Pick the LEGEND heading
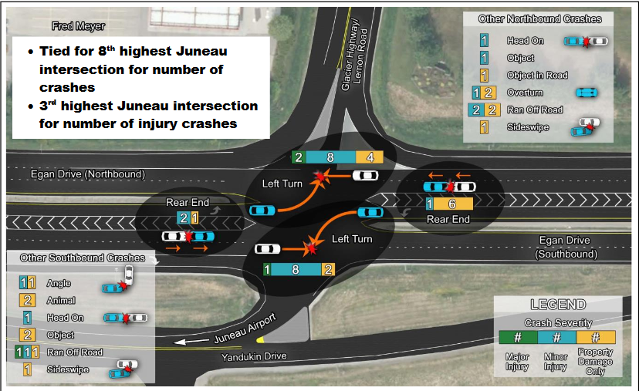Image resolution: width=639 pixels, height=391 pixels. tap(557, 305)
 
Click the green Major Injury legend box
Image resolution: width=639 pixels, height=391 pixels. tap(519, 337)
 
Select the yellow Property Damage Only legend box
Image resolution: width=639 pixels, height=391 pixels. tap(594, 337)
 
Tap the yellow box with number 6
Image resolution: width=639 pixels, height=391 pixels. tap(451, 204)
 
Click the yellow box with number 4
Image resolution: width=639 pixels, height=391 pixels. tap(370, 157)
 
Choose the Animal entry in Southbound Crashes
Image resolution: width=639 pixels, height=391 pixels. tap(59, 300)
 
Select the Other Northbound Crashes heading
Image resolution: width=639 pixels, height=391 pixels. tap(539, 19)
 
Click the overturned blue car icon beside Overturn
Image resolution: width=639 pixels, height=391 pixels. tap(586, 92)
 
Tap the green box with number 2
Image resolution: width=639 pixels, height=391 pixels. tap(298, 157)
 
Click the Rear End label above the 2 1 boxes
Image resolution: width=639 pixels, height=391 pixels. tap(188, 203)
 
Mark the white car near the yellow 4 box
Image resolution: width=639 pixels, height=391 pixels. tap(365, 175)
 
